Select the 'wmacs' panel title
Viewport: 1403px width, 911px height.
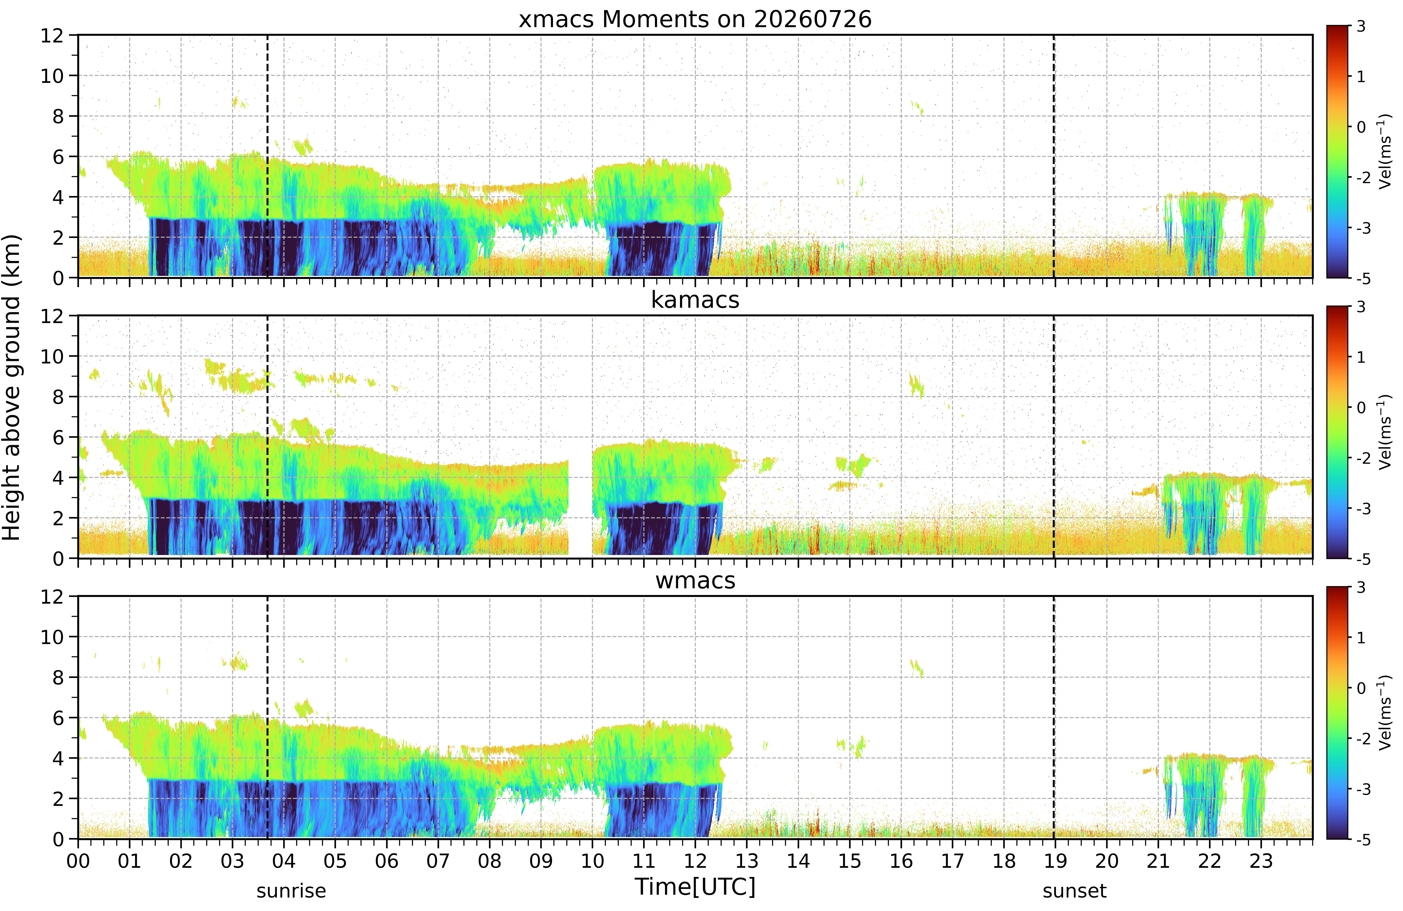695,581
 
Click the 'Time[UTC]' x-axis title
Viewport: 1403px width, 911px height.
695,886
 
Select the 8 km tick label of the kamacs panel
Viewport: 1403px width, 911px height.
58,397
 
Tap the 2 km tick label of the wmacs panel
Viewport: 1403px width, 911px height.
58,799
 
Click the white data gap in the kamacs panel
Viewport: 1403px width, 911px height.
580,507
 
